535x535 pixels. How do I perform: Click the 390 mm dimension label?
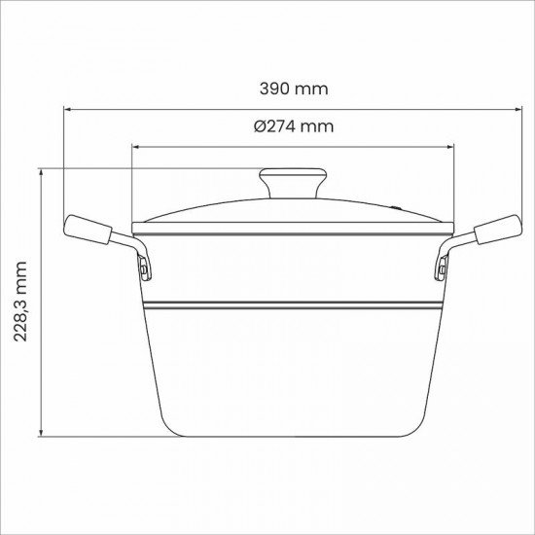[294, 89]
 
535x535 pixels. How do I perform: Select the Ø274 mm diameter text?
[294, 127]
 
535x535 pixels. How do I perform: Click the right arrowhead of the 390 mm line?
[516, 109]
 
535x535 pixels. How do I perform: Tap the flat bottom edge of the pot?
[293, 435]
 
